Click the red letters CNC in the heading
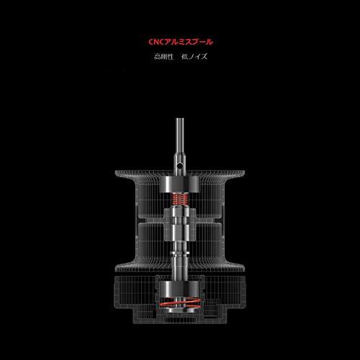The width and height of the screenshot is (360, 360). point(156,42)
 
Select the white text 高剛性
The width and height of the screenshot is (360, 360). point(163,57)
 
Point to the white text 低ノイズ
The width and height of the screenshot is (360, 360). point(194,57)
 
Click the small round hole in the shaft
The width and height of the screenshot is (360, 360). point(179,166)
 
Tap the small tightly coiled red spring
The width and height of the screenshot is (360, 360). point(180,199)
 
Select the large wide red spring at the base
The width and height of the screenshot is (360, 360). point(180,303)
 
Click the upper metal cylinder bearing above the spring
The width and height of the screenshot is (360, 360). point(180,185)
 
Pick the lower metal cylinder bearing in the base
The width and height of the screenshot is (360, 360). point(180,289)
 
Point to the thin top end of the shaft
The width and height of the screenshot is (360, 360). point(180,120)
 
